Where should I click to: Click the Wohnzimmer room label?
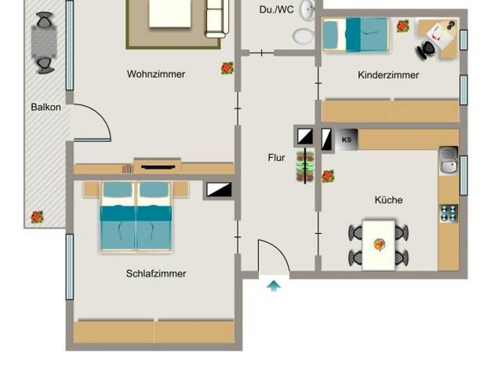(156, 75)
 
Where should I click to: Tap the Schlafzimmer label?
(156, 274)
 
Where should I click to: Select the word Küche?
(388, 199)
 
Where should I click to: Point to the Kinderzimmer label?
(388, 75)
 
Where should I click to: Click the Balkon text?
(45, 108)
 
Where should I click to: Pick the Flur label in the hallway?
(277, 158)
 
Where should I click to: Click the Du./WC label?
(277, 9)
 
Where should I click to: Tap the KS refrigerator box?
(347, 140)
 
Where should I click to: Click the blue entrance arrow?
(274, 286)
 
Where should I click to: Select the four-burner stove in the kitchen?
(449, 214)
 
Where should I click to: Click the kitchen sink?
(449, 160)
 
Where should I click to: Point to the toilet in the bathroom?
(304, 36)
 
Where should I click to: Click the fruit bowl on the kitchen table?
(380, 245)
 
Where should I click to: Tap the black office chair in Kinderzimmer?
(425, 49)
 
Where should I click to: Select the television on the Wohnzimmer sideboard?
(158, 167)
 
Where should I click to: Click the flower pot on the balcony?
(37, 217)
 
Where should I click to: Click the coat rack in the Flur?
(305, 166)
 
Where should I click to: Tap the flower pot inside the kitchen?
(328, 176)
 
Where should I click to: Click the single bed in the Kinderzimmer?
(356, 35)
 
